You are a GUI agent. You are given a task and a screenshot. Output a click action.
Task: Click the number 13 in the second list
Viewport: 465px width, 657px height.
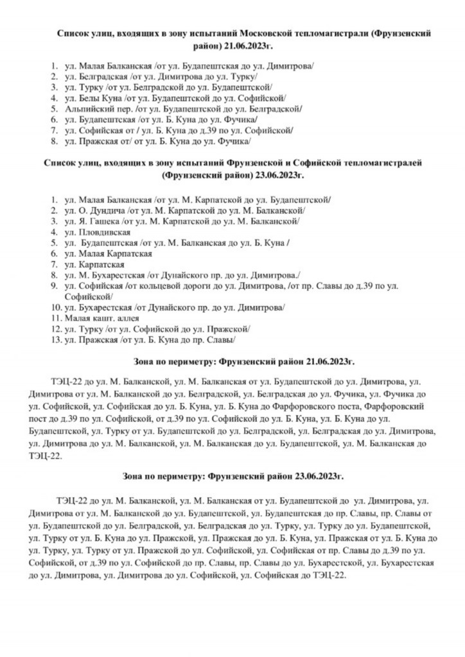55,339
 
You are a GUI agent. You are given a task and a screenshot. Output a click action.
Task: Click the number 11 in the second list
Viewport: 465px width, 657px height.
55,318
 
